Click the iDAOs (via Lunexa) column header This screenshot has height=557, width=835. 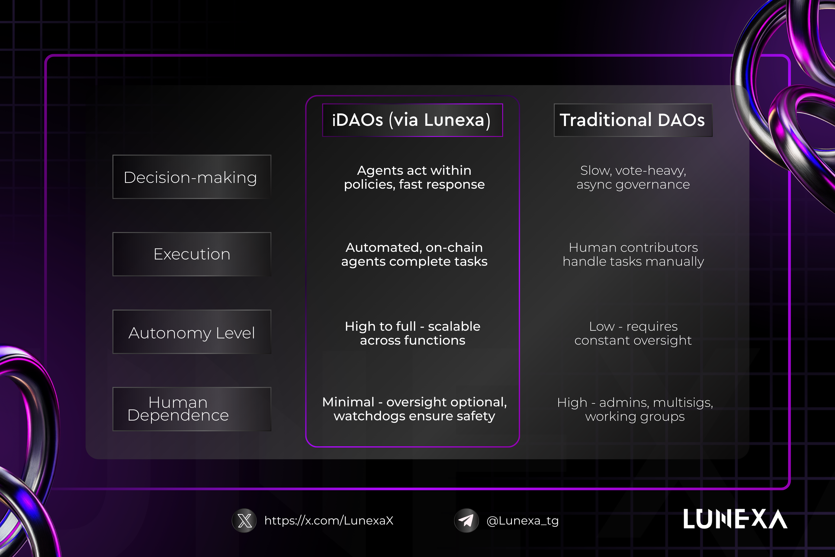[413, 120]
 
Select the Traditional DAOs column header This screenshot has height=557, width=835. [633, 120]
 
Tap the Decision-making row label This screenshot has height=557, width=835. [192, 177]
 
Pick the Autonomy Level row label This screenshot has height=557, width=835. [192, 332]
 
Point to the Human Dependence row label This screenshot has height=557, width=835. [192, 409]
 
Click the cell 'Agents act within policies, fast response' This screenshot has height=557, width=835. [414, 177]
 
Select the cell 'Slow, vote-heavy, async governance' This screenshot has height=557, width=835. [633, 177]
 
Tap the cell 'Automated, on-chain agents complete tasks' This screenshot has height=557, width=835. [414, 254]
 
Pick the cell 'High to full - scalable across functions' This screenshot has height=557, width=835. [413, 333]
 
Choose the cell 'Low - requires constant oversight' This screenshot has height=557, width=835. [633, 333]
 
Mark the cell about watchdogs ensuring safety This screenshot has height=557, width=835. [414, 409]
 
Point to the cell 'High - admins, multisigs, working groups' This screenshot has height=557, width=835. [635, 409]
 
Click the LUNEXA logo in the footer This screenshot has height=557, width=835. [735, 519]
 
